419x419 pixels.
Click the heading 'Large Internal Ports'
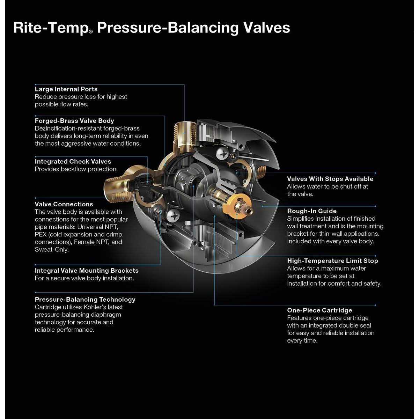[x=66, y=89]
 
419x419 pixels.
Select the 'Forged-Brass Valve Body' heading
[x=74, y=121]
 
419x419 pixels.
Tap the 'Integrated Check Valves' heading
[x=73, y=162]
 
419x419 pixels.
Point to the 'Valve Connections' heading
[x=64, y=204]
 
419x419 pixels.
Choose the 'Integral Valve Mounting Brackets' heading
[x=87, y=271]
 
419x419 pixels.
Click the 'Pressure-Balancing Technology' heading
[x=85, y=300]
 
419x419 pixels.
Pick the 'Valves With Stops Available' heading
[x=330, y=179]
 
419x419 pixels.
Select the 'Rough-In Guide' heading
[x=312, y=211]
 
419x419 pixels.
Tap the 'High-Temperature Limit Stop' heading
[x=332, y=261]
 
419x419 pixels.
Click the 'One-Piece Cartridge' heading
[x=319, y=310]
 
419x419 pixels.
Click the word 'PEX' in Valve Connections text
[x=41, y=235]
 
